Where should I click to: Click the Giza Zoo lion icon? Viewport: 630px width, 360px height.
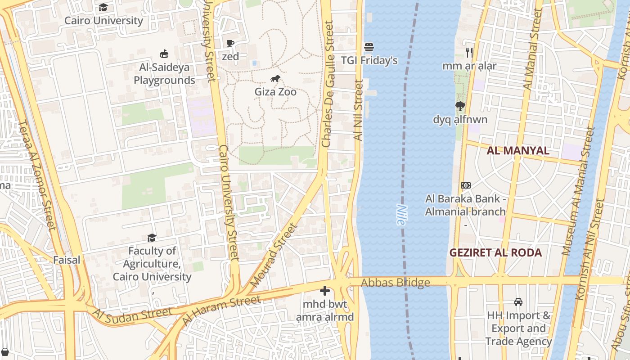(275, 79)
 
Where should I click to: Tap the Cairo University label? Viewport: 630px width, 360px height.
(103, 21)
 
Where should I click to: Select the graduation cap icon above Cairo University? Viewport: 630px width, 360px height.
(103, 7)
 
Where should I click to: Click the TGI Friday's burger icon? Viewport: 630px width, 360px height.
(369, 47)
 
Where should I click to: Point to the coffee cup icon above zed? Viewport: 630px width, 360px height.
(230, 43)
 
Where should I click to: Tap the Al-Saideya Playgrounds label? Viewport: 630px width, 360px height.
(164, 74)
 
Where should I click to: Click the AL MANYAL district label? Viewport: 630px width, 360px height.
(518, 151)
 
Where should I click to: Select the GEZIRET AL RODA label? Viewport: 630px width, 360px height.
(495, 252)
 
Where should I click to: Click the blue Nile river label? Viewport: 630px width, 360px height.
(401, 215)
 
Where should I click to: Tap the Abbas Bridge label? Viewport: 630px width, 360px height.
(395, 283)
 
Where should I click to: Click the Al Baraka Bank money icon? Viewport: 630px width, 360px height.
(466, 185)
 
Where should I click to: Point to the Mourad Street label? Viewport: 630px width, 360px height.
(274, 256)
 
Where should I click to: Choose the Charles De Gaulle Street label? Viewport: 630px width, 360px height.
(328, 84)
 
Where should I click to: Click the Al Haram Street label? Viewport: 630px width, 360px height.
(221, 310)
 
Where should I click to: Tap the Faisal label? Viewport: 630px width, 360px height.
(67, 260)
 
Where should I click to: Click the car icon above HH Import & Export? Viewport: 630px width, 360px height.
(518, 301)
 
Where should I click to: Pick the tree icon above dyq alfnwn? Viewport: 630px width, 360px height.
(460, 106)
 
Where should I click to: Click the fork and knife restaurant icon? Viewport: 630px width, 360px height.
(469, 53)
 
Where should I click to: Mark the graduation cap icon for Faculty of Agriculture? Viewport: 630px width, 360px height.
(152, 238)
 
